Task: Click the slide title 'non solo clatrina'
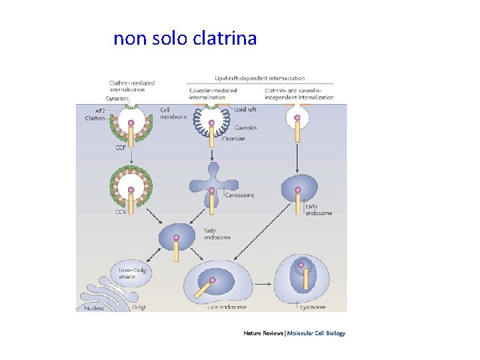(185, 39)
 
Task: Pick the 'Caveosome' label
(240, 195)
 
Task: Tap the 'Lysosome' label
(312, 307)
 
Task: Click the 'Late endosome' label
(226, 307)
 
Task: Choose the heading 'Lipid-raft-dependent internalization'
(259, 77)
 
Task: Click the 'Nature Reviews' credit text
(263, 333)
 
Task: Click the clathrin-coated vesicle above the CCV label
(131, 186)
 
